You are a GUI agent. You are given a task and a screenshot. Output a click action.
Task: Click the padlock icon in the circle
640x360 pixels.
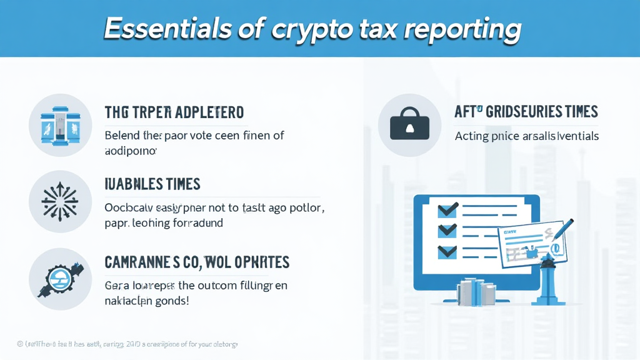click(x=409, y=125)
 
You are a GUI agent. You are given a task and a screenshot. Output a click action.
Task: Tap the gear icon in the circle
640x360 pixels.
click(x=60, y=279)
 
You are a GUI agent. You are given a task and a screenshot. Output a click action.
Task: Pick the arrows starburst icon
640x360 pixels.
click(x=60, y=201)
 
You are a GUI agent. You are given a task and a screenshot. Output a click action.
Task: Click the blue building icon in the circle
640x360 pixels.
click(x=60, y=124)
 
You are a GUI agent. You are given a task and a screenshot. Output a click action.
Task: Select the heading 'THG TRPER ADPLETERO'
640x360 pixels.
click(x=174, y=112)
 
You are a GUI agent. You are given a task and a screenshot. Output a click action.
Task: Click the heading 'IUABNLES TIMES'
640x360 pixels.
click(x=152, y=184)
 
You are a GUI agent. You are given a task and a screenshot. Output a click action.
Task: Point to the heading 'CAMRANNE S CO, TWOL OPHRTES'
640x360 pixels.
click(x=197, y=262)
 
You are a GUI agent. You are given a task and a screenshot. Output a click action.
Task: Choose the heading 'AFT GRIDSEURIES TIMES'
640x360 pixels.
click(x=526, y=112)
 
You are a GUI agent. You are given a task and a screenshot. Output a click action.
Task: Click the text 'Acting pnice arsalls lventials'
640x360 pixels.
click(x=526, y=136)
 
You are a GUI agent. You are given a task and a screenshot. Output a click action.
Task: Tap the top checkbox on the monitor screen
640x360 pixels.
click(x=447, y=209)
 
